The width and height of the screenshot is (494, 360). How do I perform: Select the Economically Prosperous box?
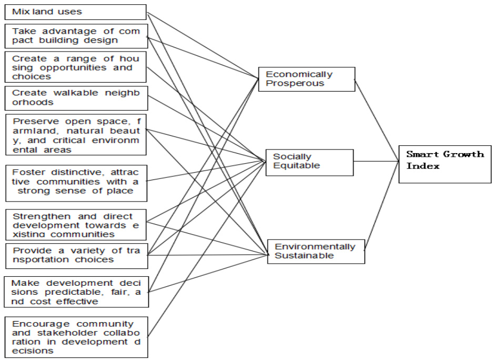306,79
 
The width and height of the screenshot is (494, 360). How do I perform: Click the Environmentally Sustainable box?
316,251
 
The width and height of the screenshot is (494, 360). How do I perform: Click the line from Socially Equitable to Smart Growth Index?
376,162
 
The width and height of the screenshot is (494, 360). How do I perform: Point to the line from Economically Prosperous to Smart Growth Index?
377,121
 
